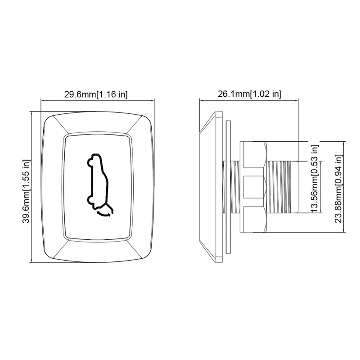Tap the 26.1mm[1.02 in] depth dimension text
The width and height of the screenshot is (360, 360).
pos(249,94)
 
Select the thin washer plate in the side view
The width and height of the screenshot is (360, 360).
pos(227,186)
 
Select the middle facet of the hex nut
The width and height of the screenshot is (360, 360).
pos(253,187)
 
